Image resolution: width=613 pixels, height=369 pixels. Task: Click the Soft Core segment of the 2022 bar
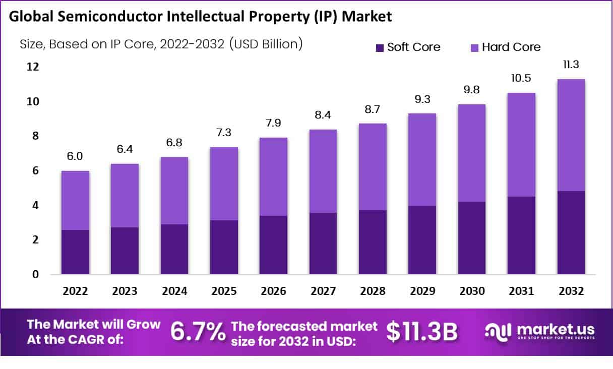[76, 252]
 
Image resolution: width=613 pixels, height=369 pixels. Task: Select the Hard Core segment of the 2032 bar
[571, 135]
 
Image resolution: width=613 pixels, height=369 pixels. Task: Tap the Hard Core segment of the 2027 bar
[323, 171]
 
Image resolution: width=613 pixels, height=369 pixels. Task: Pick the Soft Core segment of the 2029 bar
[422, 240]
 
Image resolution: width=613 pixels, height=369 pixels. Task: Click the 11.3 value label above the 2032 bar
[571, 65]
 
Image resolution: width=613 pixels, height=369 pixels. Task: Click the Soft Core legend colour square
[380, 47]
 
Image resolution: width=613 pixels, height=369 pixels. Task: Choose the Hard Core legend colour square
[474, 47]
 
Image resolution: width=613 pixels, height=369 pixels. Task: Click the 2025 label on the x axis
[224, 291]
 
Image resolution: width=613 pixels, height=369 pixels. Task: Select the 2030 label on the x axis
[471, 291]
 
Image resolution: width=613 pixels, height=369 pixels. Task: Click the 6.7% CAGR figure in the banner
[198, 332]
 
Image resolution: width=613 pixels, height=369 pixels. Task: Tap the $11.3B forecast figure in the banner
[422, 332]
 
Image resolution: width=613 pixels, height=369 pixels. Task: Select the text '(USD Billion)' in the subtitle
[266, 44]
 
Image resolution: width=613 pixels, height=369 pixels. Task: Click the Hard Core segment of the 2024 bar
[174, 191]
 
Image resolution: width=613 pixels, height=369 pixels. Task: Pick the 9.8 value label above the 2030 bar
[471, 90]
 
